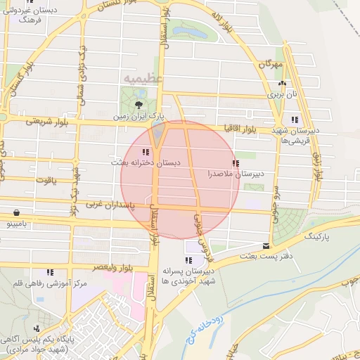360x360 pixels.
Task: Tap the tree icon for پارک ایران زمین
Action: [x=137, y=104]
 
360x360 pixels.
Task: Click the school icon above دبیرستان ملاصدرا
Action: [x=235, y=163]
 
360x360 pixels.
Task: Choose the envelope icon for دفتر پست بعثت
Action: [x=265, y=246]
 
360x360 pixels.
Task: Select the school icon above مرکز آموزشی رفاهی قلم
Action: [x=50, y=272]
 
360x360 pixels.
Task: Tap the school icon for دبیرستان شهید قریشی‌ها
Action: [x=294, y=120]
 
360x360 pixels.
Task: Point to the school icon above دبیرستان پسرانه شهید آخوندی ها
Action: [x=188, y=260]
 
